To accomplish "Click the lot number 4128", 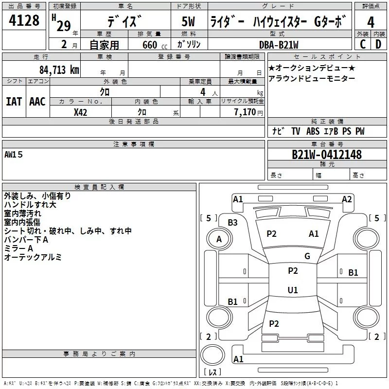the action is [x=24, y=21].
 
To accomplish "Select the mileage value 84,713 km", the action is [x=59, y=69].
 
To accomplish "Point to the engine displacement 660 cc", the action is [x=146, y=45].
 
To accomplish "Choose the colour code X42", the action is [x=80, y=111].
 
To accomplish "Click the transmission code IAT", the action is [x=14, y=102].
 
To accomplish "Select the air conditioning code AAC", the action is [x=37, y=102].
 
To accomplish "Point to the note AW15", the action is [x=14, y=155].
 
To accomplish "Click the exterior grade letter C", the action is [x=362, y=44].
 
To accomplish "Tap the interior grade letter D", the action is [x=378, y=44].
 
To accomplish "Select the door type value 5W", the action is [x=190, y=22].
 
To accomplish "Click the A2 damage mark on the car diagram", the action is [x=347, y=199].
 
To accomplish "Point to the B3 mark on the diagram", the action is [x=233, y=222].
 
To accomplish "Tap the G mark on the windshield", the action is [x=307, y=256].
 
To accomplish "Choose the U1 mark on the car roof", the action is [x=293, y=290].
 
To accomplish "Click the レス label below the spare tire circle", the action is [x=212, y=372].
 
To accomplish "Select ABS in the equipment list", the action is [x=313, y=131].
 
